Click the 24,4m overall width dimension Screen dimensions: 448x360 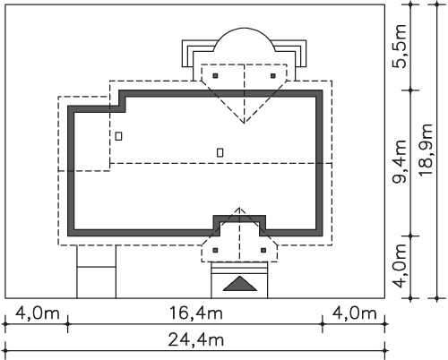(196, 340)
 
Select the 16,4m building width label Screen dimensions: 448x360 (196, 313)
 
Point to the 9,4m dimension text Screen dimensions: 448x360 (401, 161)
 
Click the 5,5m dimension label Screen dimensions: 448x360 (401, 47)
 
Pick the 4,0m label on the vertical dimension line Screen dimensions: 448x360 (401, 266)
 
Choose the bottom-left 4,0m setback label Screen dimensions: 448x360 (38, 313)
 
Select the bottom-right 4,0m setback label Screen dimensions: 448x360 (355, 313)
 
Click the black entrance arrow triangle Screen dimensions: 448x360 (240, 284)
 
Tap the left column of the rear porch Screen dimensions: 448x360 (215, 76)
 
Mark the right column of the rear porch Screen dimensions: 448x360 (273, 76)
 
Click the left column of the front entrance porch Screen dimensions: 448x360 (215, 250)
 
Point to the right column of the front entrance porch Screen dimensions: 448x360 (263, 250)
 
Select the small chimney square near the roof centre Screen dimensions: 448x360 (220, 152)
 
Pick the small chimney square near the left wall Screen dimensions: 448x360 (118, 136)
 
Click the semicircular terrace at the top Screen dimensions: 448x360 (245, 28)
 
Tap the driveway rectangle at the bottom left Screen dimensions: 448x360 (97, 271)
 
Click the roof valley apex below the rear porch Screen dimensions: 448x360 (245, 123)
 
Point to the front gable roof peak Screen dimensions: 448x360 (239, 207)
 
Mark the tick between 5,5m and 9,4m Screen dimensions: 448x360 (411, 90)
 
